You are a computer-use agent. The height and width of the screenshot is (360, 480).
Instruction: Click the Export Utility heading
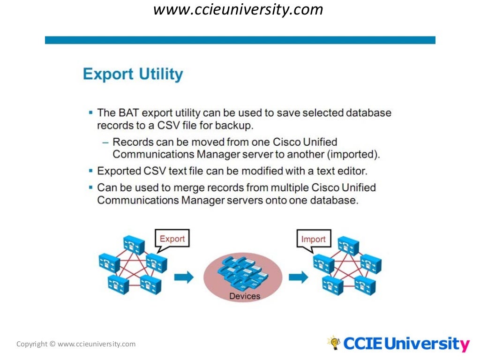tap(133, 74)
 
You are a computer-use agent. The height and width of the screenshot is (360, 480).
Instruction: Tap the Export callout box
tap(172, 239)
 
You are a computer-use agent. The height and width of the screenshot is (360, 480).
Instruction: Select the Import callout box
tap(313, 240)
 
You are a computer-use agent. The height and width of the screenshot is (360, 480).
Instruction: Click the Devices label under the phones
tap(244, 296)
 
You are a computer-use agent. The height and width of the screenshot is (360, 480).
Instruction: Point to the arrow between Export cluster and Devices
tap(184, 277)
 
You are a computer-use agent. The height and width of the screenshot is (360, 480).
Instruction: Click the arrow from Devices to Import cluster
tap(298, 277)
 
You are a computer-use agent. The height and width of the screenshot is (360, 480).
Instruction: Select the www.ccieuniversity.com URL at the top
tap(238, 9)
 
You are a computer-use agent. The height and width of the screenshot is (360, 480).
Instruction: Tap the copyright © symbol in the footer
tap(52, 344)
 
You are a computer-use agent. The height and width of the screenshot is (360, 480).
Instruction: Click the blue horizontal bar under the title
tap(240, 40)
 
